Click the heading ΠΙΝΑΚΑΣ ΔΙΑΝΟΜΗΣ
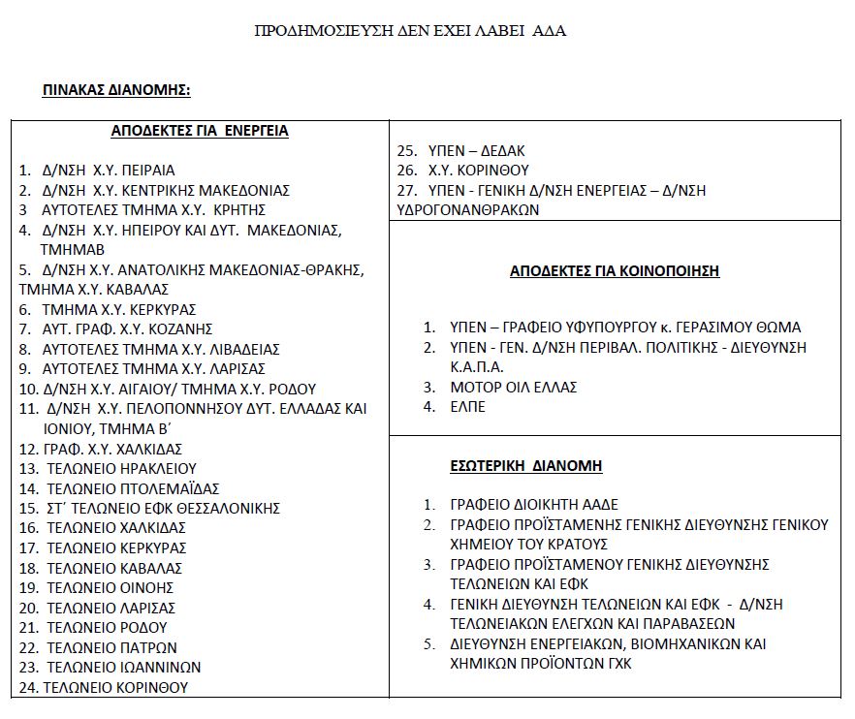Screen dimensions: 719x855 [116, 90]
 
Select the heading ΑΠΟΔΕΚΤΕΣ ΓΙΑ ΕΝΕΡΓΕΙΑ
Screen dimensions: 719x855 [200, 131]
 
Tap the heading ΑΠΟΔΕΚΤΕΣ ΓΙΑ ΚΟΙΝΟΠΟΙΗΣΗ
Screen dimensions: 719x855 [615, 271]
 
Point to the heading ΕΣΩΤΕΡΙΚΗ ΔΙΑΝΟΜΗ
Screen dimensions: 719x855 [526, 466]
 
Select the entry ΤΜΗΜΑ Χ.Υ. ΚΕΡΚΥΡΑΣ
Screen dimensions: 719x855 [119, 309]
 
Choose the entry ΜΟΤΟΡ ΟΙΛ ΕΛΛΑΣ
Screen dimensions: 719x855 [514, 387]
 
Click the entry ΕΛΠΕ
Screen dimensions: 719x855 [468, 407]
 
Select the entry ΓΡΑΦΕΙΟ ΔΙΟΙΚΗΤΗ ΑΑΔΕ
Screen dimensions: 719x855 [534, 505]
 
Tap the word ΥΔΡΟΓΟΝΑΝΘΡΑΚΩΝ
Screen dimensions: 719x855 [468, 209]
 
